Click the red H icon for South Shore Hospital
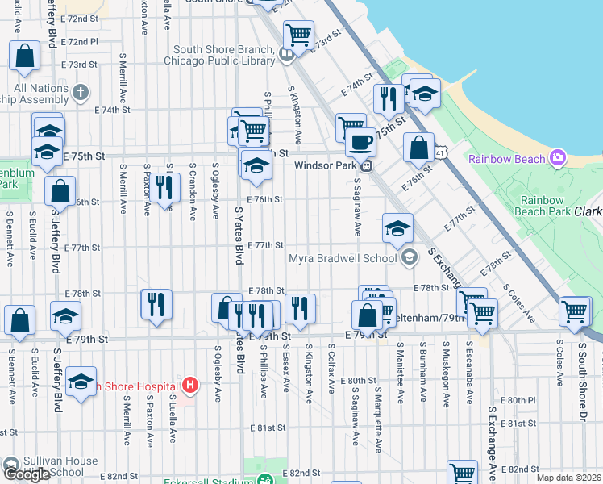(x=190, y=385)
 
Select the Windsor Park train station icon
(x=366, y=166)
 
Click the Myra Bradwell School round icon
(x=410, y=257)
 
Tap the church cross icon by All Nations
(x=79, y=93)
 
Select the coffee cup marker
(x=360, y=143)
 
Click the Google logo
(x=27, y=474)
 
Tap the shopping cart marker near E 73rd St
(x=299, y=35)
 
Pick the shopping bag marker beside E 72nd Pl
(x=25, y=55)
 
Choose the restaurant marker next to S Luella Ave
(x=164, y=187)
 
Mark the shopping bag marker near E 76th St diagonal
(x=418, y=148)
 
